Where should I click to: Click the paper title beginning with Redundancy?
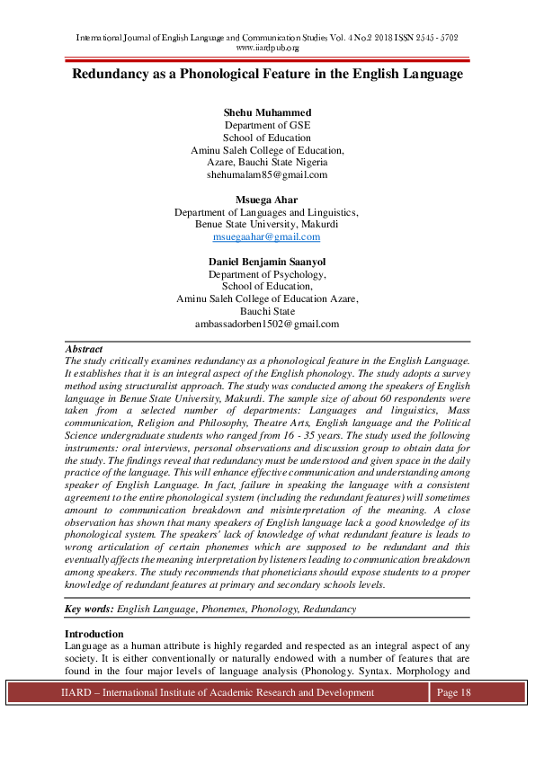[267, 74]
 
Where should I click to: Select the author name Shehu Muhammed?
[267, 112]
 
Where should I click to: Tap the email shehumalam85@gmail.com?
[267, 175]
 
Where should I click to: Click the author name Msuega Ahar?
[267, 200]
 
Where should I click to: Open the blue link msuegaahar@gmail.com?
[266, 237]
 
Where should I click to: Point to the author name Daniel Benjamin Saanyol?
[267, 262]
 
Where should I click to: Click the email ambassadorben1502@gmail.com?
[267, 324]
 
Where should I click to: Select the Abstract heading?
[84, 349]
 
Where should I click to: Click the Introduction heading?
[98, 635]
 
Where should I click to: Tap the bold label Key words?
[89, 609]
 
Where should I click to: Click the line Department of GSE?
[267, 125]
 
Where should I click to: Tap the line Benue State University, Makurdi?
[267, 225]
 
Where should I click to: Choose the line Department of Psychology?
[267, 274]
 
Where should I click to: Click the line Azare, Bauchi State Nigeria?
[267, 163]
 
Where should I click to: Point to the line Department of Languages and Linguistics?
[267, 212]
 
